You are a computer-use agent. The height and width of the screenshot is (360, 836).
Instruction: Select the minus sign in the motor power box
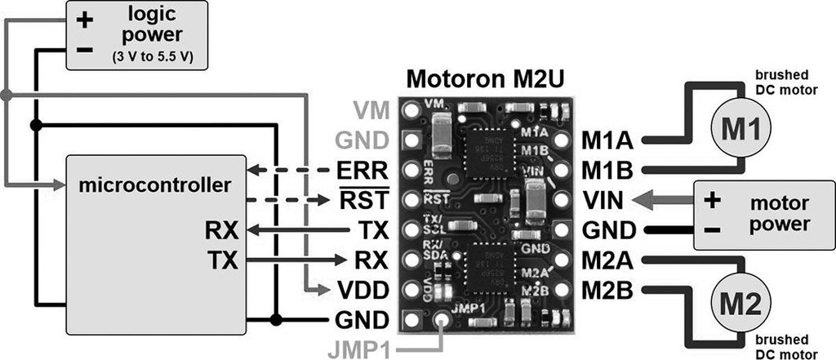click(711, 231)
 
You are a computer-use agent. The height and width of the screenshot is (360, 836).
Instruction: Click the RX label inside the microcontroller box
click(221, 231)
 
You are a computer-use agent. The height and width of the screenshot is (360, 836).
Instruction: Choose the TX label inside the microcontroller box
click(221, 260)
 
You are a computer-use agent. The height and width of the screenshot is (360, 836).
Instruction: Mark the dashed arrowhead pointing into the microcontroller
click(254, 171)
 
